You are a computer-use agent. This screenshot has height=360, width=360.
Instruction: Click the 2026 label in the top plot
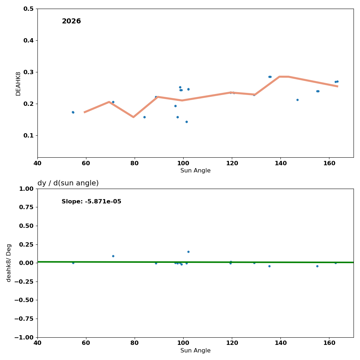tap(71, 21)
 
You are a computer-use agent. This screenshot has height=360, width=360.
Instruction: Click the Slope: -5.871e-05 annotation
tap(91, 202)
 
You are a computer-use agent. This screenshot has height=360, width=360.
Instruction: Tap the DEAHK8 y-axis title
tap(18, 84)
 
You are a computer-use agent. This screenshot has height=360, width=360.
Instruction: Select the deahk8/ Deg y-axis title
tap(9, 263)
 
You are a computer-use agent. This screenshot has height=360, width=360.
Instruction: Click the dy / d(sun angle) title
tap(68, 183)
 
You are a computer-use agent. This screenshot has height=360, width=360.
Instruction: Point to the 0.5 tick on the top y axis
tap(28, 9)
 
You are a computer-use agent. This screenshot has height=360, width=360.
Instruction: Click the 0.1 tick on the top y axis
tap(28, 135)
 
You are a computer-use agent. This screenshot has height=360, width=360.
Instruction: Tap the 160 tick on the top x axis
tap(329, 163)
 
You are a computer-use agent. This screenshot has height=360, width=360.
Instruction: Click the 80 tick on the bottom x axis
tap(135, 343)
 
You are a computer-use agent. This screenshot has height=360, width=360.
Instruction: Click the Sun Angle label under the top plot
tap(195, 171)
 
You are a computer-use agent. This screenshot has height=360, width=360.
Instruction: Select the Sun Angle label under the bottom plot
tap(195, 351)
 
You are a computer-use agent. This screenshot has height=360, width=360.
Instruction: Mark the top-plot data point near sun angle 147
tap(297, 100)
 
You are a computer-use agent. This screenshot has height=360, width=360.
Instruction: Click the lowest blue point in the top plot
tap(186, 122)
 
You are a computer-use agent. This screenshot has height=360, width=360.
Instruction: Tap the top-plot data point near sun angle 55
tap(73, 112)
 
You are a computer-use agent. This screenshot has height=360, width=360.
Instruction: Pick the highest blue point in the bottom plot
tap(188, 252)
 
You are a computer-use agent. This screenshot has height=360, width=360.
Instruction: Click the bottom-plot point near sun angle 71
tap(113, 256)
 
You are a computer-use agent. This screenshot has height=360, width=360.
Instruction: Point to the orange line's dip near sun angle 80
tap(133, 117)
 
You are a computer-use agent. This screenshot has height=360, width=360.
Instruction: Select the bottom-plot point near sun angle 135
tap(269, 266)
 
